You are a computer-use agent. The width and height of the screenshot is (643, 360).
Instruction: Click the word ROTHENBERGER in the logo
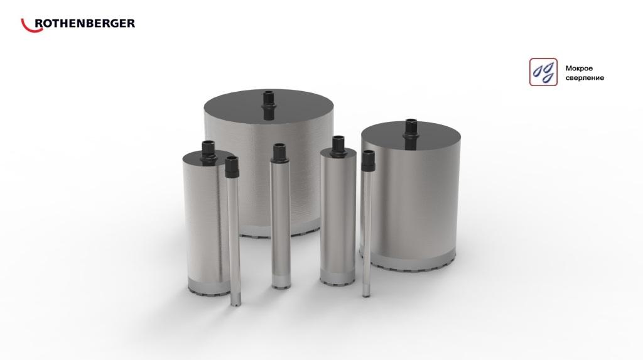[x=85, y=23]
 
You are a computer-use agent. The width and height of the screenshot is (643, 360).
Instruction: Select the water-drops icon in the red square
[x=543, y=72]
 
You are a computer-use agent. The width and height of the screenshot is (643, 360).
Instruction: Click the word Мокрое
[x=579, y=68]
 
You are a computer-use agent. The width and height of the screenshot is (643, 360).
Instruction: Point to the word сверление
[x=585, y=77]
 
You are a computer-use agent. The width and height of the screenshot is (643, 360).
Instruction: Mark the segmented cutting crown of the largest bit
[x=279, y=231]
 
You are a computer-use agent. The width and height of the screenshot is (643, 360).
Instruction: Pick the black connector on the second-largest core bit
[x=411, y=133]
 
